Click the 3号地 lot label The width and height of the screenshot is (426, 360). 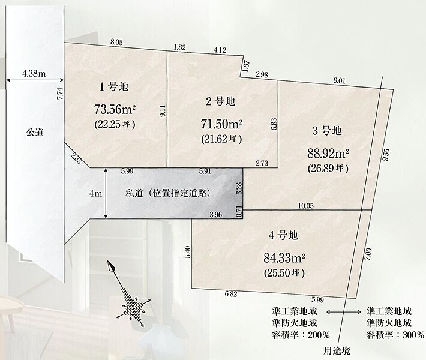(x=327, y=130)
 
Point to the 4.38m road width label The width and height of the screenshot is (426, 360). (x=34, y=73)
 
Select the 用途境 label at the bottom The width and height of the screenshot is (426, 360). (x=337, y=350)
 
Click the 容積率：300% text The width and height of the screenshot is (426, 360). (x=395, y=334)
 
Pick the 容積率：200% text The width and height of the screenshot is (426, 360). (x=300, y=334)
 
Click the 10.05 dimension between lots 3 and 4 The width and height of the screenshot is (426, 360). (x=306, y=206)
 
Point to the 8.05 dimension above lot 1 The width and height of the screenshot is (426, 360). (x=116, y=42)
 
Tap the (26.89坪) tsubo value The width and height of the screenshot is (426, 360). (x=328, y=168)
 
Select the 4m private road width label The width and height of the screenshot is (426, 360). (x=95, y=193)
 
